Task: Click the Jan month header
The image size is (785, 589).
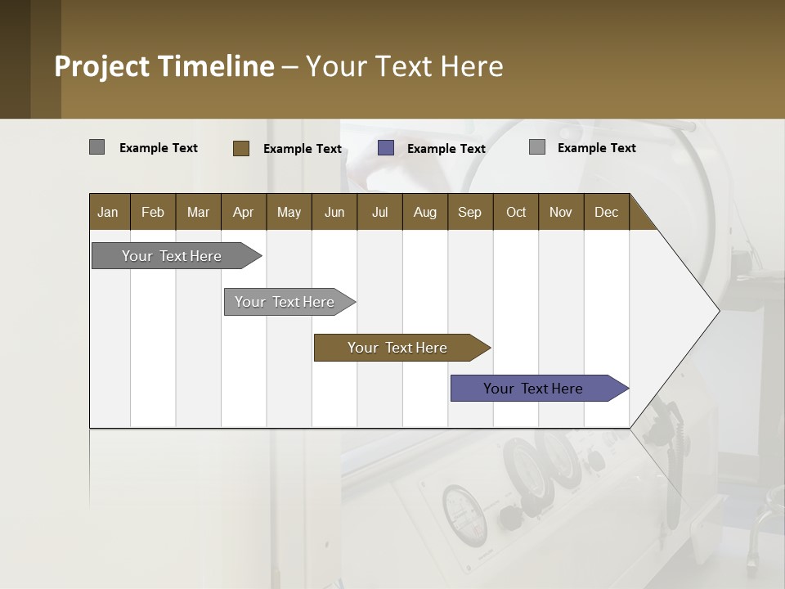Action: point(108,212)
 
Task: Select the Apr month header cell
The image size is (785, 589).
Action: point(244,212)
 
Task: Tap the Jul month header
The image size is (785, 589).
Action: point(379,212)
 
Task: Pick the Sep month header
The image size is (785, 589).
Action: point(469,212)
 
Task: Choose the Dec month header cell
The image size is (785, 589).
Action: point(606,212)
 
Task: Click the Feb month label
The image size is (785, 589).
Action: point(153,212)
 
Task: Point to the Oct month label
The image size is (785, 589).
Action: point(516,212)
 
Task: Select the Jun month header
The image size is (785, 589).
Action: point(334,212)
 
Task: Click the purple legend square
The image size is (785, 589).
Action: point(386,148)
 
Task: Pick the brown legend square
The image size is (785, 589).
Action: point(241,148)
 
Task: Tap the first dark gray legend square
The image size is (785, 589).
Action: point(97,147)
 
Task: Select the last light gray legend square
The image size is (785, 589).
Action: point(537,147)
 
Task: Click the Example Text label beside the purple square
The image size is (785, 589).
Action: point(446,149)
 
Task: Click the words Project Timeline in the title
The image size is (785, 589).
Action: point(164,66)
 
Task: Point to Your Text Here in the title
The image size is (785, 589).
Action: point(405,66)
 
